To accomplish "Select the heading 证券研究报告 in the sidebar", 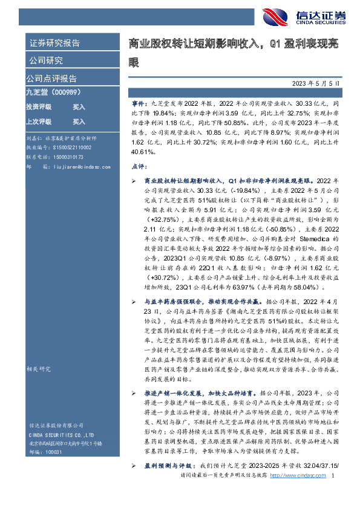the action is point(54,43).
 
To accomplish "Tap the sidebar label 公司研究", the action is point(46,60).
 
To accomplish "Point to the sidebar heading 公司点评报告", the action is point(51,79).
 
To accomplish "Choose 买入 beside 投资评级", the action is point(79,106).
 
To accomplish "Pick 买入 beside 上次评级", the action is point(79,120).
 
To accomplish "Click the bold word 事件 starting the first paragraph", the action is point(139,105).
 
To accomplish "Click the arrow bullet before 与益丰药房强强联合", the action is point(134,300).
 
